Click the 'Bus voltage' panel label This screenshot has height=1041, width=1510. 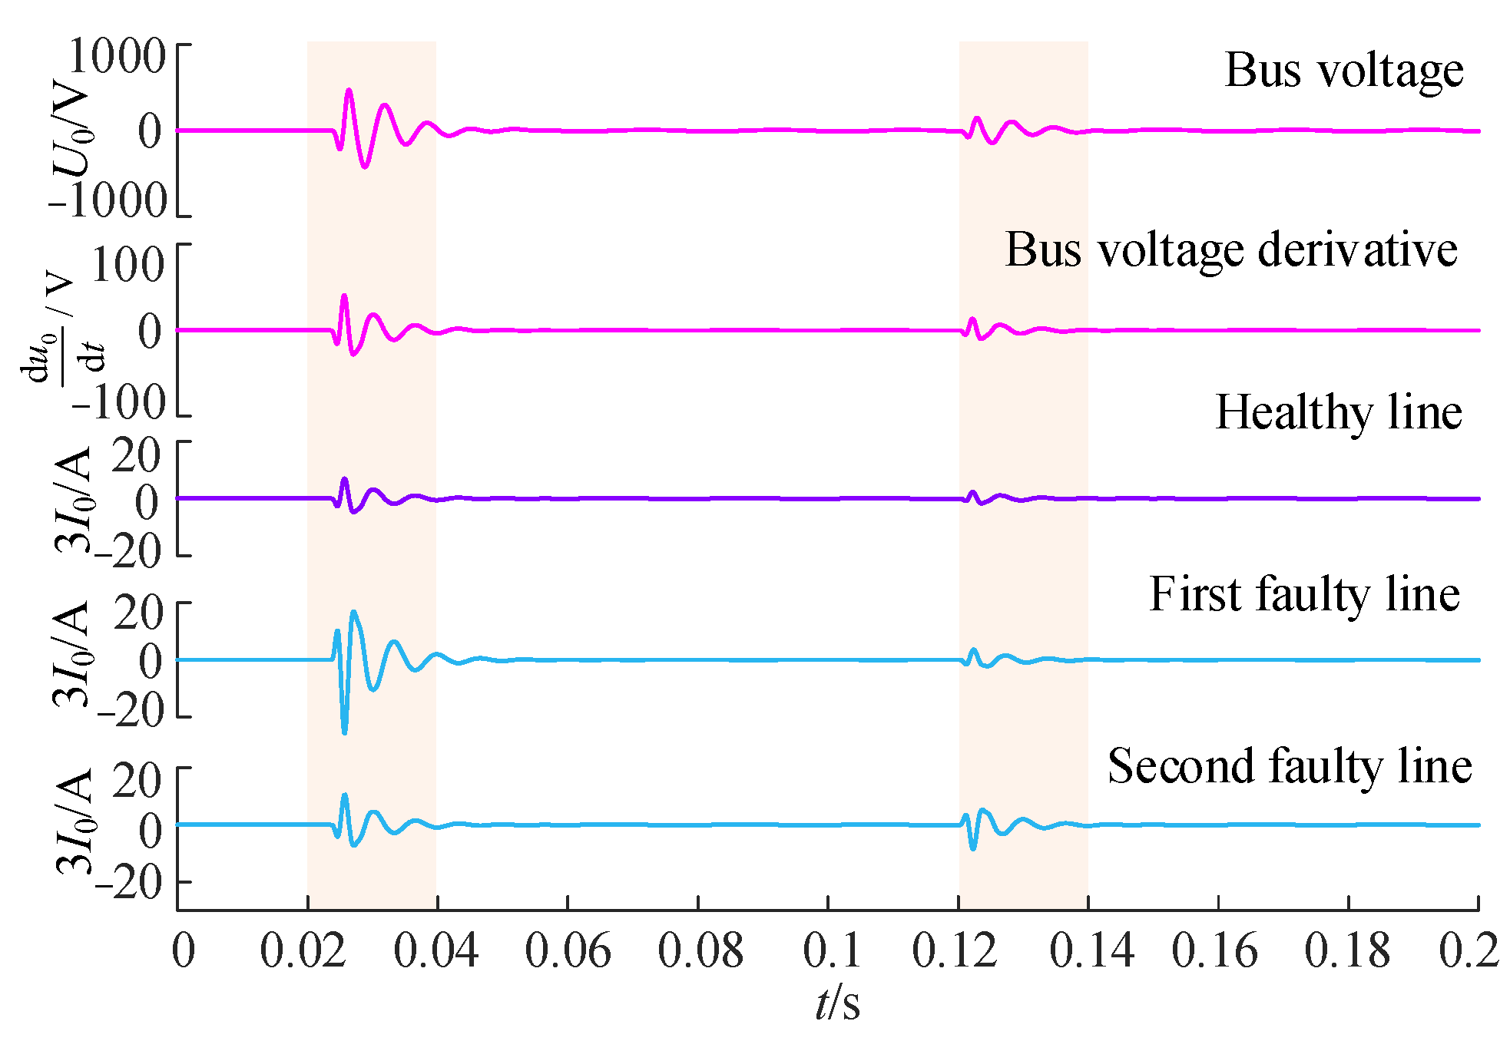[x=1343, y=71]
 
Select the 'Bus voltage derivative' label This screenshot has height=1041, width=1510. [x=1230, y=250]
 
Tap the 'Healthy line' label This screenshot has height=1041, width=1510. [x=1338, y=413]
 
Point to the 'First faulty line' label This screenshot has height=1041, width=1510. [x=1303, y=595]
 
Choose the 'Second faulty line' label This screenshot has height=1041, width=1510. [x=1289, y=767]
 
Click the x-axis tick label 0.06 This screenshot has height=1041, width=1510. [x=568, y=951]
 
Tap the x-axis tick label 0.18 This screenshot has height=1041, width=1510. [x=1347, y=951]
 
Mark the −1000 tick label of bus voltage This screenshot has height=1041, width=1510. [x=108, y=202]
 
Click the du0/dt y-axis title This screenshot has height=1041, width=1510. [x=61, y=330]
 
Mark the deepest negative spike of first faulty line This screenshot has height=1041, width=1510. [x=344, y=732]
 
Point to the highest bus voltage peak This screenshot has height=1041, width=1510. [x=349, y=91]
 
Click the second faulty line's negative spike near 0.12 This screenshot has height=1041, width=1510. [x=973, y=848]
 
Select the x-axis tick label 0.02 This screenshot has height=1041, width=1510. [x=303, y=951]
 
